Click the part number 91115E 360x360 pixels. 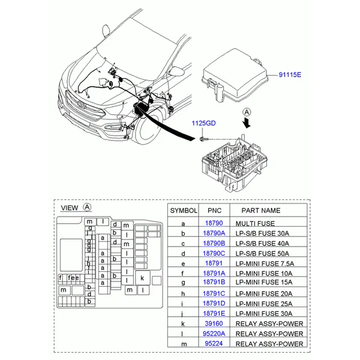click(290, 74)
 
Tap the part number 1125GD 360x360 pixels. click(203, 123)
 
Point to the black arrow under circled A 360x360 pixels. click(247, 122)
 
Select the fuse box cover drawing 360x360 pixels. click(235, 76)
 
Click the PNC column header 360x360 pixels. click(214, 211)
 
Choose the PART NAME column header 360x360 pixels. click(261, 211)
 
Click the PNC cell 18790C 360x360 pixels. click(214, 253)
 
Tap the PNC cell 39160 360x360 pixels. click(214, 323)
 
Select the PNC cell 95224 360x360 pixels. click(214, 343)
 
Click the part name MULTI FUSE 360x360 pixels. click(255, 224)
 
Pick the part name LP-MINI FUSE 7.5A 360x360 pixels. click(265, 263)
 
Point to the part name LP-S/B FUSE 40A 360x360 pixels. click(262, 244)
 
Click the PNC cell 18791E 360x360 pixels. click(214, 313)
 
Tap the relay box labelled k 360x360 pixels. click(143, 278)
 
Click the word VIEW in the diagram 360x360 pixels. click(70, 208)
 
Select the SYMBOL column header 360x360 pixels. click(184, 211)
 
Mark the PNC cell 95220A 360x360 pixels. click(214, 334)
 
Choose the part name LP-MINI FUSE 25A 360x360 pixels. click(264, 304)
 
